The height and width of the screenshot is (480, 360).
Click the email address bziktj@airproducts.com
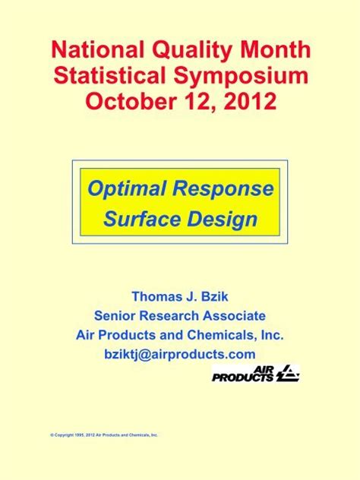pos(180,354)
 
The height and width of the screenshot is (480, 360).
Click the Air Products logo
pos(255,374)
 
